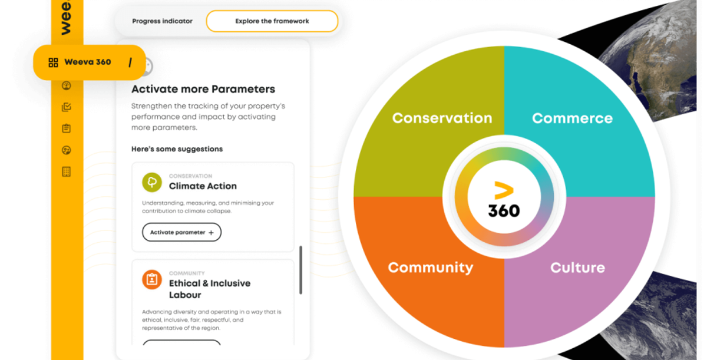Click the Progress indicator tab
[x=162, y=21]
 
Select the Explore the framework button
[x=272, y=21]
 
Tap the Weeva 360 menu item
[x=88, y=62]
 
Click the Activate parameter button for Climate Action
[x=181, y=232]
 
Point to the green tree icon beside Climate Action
[x=152, y=182]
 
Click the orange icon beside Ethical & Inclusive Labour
[x=152, y=279]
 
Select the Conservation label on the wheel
[x=442, y=118]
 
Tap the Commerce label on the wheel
[x=572, y=118]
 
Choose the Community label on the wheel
[x=430, y=267]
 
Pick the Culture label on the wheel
[x=577, y=267]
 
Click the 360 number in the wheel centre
[x=504, y=210]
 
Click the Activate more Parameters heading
[x=203, y=90]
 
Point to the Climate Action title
[x=203, y=186]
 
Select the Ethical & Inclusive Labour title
[x=209, y=289]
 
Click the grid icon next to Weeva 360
[x=53, y=62]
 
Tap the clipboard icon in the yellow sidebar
[x=66, y=128]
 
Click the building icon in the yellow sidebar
[x=66, y=172]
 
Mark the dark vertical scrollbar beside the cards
[x=300, y=270]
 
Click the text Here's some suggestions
[x=177, y=149]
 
